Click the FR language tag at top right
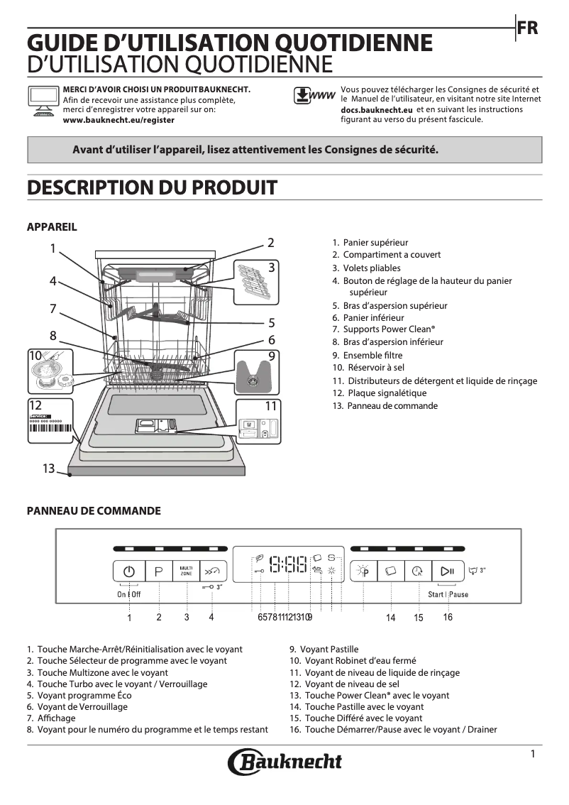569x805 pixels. tap(528, 28)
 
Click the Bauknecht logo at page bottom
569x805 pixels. tap(284, 762)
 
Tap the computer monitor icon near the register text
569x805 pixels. tap(42, 100)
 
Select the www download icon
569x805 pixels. tap(313, 96)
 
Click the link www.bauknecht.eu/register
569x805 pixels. tap(118, 120)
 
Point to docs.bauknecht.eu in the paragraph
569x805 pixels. tap(377, 111)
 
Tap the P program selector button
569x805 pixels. tap(159, 571)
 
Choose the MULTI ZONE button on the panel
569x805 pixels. tap(186, 571)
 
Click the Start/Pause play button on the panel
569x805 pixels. tap(447, 571)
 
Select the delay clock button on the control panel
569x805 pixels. tap(418, 571)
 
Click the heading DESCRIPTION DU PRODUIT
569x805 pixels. tap(152, 187)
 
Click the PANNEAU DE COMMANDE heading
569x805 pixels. tap(94, 511)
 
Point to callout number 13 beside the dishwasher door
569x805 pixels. tap(48, 469)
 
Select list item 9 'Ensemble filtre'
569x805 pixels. tap(367, 355)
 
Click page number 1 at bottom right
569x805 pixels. tap(532, 754)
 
